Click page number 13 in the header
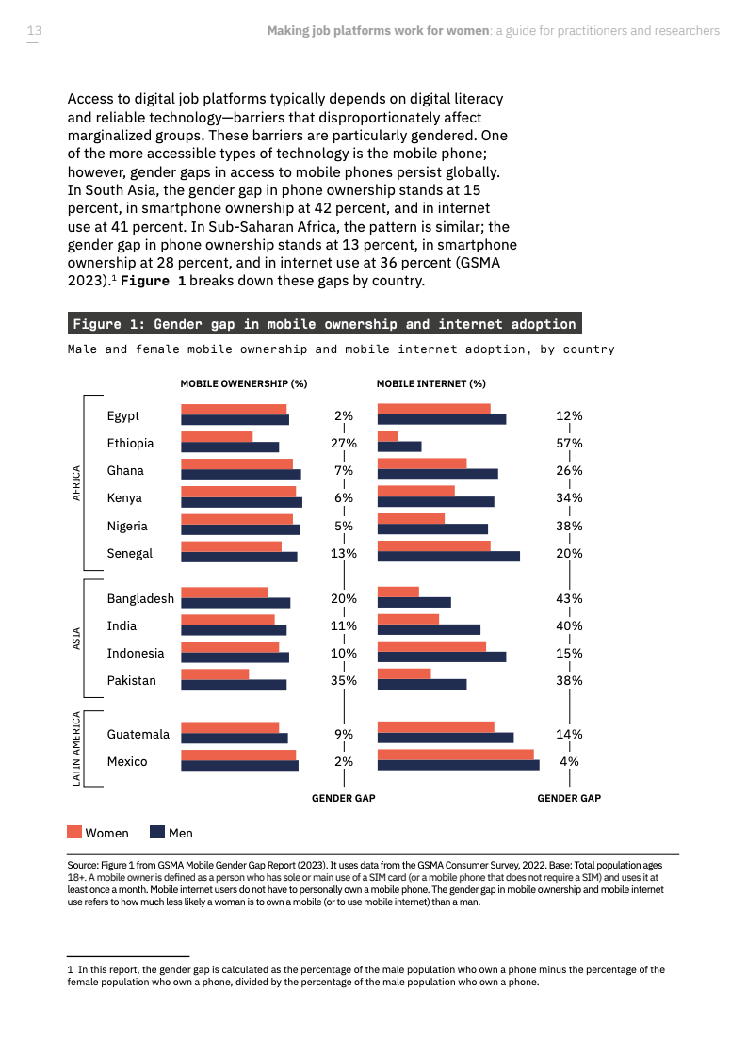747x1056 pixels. pos(34,31)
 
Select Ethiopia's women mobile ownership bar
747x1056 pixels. pos(217,436)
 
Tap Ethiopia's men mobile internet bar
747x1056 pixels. pos(398,447)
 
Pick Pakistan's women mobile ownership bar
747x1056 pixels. pos(215,674)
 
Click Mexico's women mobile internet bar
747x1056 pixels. pos(455,755)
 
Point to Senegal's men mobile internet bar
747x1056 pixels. pos(447,557)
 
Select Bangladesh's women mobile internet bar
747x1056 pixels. pos(398,592)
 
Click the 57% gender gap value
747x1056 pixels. pos(569,443)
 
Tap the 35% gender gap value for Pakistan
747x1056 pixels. pos(343,680)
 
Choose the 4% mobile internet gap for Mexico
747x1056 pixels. pos(569,761)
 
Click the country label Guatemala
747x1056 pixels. pos(138,734)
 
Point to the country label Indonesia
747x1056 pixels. pos(136,653)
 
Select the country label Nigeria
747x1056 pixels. pos(127,526)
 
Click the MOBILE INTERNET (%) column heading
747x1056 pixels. pos(430,383)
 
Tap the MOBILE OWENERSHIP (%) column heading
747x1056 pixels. pos(244,383)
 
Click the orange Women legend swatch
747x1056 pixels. pos(74,832)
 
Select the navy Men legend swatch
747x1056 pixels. pos(157,832)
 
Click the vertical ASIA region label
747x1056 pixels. pos(77,640)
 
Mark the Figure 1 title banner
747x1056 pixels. pos(324,324)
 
